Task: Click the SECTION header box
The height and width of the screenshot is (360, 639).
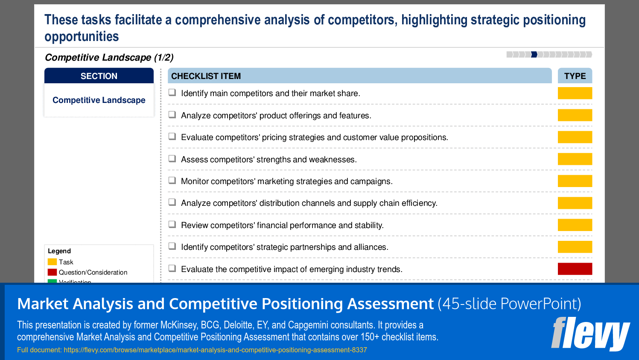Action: [x=99, y=76]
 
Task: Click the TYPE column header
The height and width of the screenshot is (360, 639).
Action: [x=575, y=76]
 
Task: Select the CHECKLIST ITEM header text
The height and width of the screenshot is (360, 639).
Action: [x=206, y=76]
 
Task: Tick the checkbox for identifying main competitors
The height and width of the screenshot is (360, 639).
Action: [x=172, y=93]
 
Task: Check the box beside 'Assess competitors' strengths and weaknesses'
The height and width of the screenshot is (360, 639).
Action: [x=172, y=158]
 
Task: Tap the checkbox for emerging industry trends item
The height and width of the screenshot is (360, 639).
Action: [x=172, y=268]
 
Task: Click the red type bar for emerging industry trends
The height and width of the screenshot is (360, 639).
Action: [x=575, y=269]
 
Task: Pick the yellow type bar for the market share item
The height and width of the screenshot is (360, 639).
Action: [x=575, y=93]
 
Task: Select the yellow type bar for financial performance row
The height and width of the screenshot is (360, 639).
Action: [x=575, y=225]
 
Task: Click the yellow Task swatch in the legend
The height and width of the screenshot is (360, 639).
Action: [x=52, y=262]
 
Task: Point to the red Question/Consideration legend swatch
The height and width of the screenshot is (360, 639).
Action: [x=52, y=272]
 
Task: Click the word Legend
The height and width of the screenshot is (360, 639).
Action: [x=59, y=251]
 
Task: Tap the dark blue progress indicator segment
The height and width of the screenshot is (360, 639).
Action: [x=534, y=55]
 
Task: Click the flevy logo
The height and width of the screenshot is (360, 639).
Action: [x=590, y=334]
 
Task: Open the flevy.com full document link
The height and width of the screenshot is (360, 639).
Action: [x=215, y=350]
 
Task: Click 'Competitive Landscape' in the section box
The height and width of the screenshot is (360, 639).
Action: [x=99, y=100]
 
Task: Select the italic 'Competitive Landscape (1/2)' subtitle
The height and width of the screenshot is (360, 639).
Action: [x=109, y=57]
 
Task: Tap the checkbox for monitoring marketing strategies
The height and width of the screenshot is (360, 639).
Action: [x=172, y=181]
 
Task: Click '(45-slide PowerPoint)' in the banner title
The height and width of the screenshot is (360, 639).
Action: [x=510, y=304]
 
